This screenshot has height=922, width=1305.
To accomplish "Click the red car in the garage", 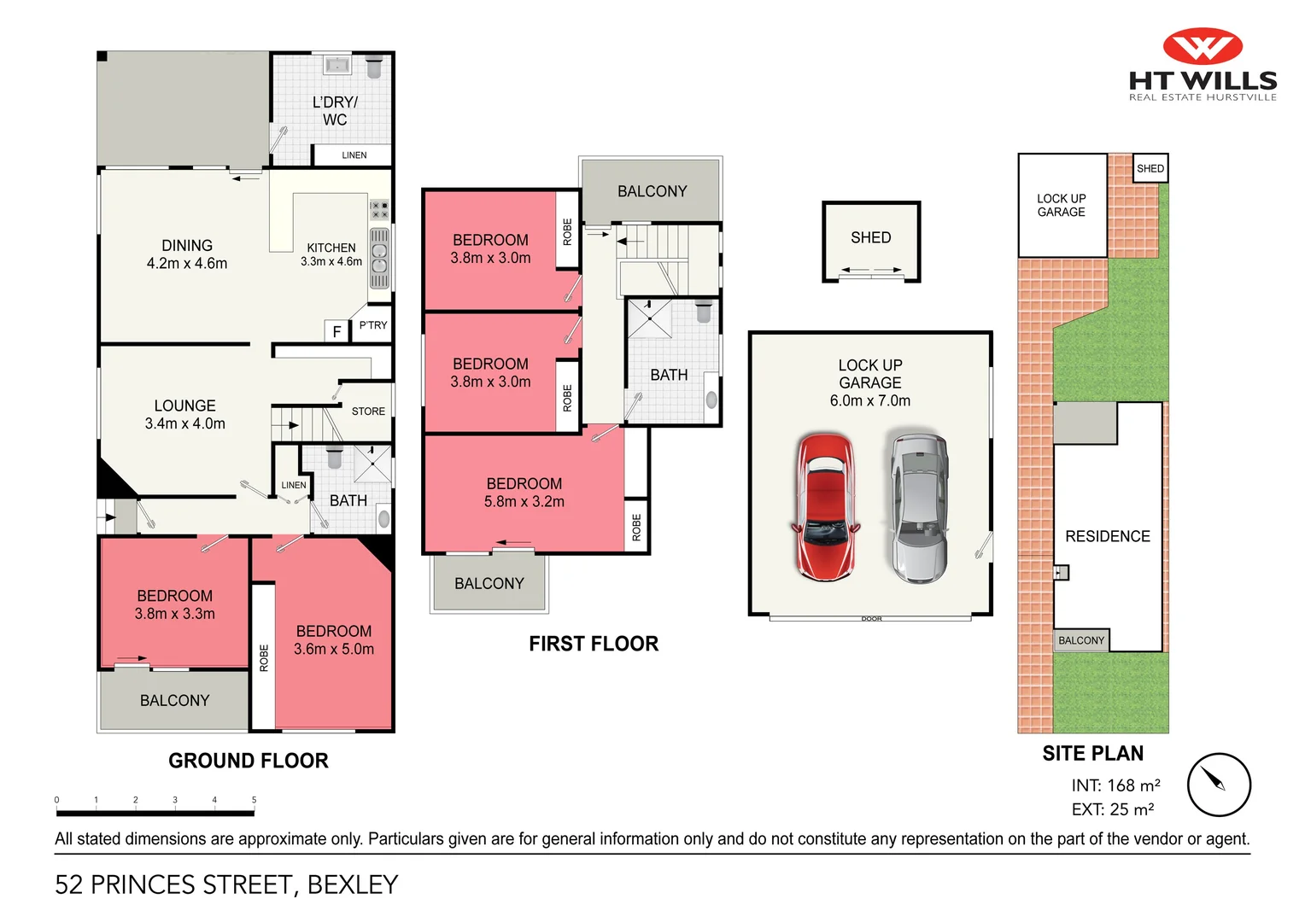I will click(x=825, y=507).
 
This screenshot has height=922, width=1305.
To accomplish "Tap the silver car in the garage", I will click(x=919, y=507).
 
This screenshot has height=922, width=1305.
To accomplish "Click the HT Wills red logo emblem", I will click(x=1203, y=46).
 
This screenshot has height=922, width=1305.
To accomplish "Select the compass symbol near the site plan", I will click(x=1218, y=784).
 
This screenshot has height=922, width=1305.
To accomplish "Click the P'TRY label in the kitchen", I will click(x=373, y=325).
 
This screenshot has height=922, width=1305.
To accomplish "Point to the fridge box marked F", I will click(x=336, y=331).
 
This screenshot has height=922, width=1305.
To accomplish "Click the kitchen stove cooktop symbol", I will click(x=379, y=209).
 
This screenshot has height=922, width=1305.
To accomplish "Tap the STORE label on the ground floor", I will click(x=368, y=411).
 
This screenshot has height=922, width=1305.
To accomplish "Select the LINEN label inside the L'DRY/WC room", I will click(x=354, y=155).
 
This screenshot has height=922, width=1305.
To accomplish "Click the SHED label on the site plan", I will click(x=1150, y=168).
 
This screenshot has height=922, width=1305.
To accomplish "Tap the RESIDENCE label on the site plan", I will click(x=1107, y=536).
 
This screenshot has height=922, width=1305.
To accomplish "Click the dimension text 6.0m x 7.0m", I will click(x=869, y=400).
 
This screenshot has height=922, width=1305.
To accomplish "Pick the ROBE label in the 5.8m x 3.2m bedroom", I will click(x=636, y=528).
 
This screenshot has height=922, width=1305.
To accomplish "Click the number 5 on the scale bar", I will click(x=254, y=800).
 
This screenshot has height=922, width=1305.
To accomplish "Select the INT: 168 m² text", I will click(x=1115, y=785).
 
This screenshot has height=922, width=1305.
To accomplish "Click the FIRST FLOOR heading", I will click(x=594, y=644).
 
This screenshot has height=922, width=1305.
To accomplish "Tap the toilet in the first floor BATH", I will click(x=703, y=312).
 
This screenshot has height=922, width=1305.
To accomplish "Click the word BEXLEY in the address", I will click(x=353, y=884).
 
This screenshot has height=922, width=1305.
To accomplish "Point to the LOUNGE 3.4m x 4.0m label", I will click(x=185, y=414).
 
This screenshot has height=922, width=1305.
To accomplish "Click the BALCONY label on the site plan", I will click(x=1080, y=640).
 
